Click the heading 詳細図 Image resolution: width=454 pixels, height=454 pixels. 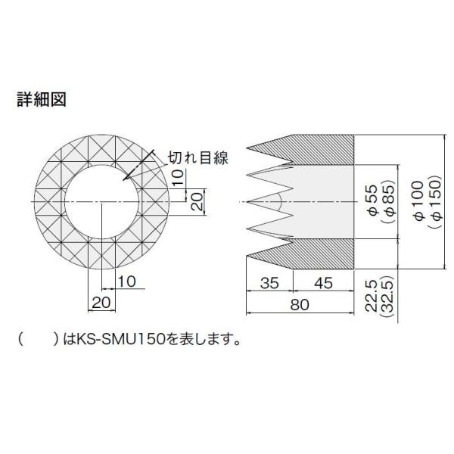coord(42,99)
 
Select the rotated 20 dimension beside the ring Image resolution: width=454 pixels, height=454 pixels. coord(195,202)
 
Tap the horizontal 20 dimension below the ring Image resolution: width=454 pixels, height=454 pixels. coord(101,302)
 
